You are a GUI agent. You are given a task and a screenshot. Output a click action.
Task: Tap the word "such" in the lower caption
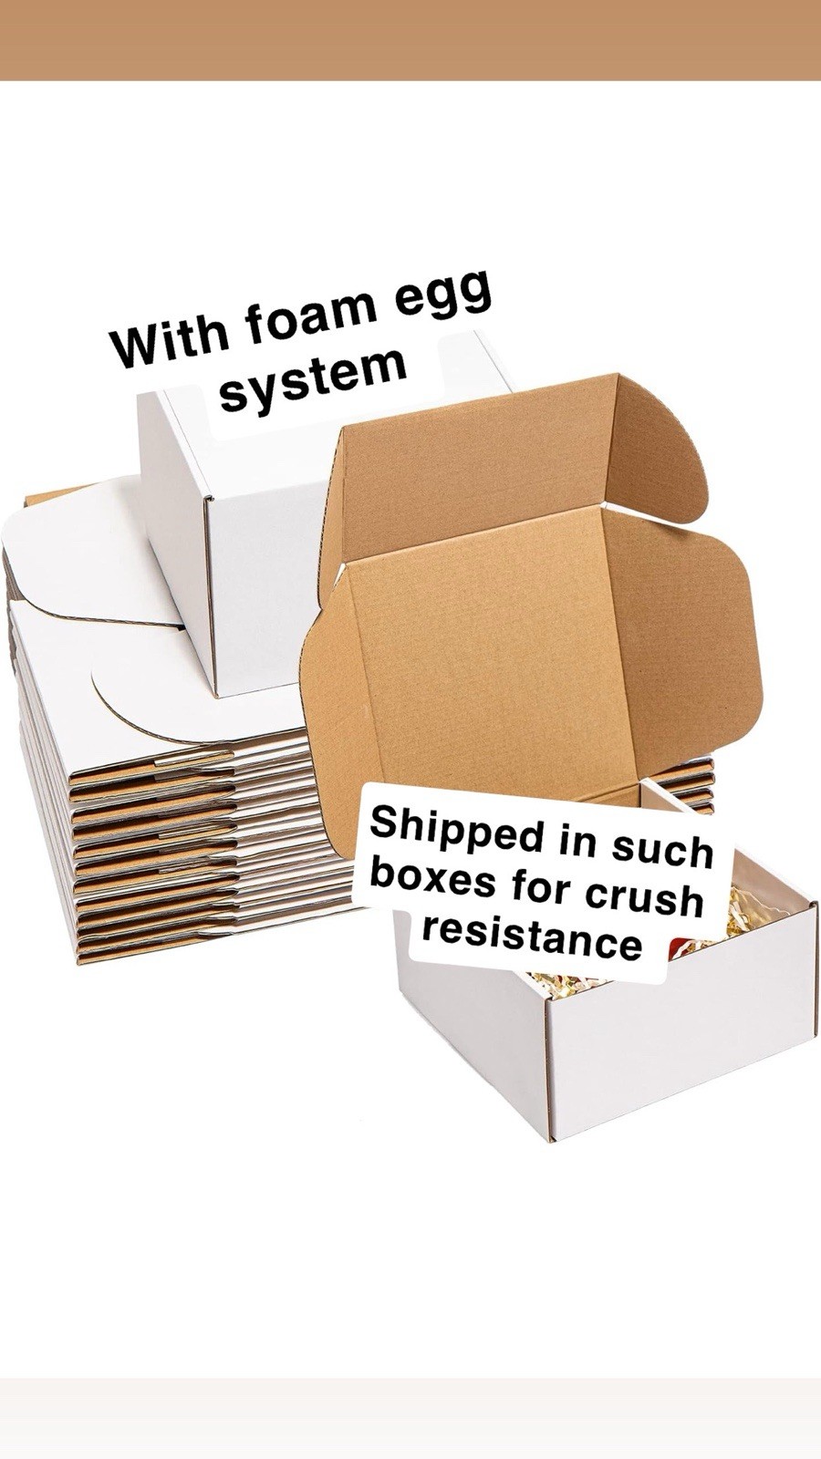coord(661,847)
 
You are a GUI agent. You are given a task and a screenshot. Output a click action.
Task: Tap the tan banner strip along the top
coord(410,40)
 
